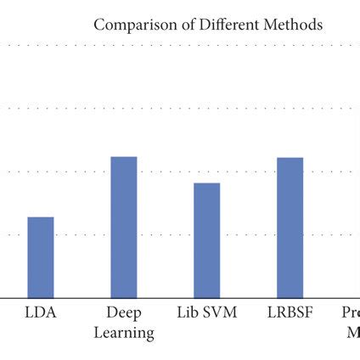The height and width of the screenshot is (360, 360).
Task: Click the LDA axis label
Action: point(41,312)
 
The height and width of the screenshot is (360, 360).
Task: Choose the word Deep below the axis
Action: point(124,312)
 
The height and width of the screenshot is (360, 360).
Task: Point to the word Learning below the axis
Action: point(124,332)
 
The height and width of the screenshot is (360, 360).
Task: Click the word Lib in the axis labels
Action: point(188,312)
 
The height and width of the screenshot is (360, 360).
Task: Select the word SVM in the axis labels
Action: point(220,312)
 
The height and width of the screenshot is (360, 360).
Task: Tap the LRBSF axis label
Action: point(290,312)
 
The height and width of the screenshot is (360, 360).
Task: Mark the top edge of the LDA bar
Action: point(41,217)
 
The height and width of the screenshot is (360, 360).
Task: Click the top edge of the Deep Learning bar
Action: point(124,157)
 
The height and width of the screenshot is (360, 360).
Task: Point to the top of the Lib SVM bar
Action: point(207,183)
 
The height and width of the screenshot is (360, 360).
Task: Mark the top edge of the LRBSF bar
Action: point(290,158)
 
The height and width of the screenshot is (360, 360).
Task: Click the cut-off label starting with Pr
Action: point(351,312)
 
